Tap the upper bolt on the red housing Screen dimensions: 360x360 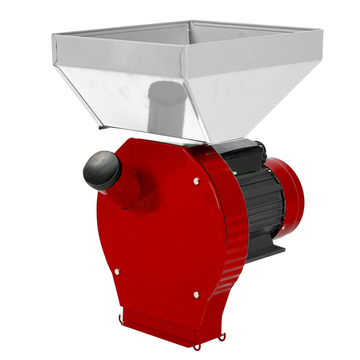pos(196,181)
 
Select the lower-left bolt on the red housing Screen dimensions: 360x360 pos(117,271)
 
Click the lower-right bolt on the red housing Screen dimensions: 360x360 pos(196,295)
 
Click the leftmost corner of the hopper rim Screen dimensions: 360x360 pos(53,35)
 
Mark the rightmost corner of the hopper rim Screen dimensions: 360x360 pos(322,30)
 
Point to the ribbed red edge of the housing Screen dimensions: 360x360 pos(231,231)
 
